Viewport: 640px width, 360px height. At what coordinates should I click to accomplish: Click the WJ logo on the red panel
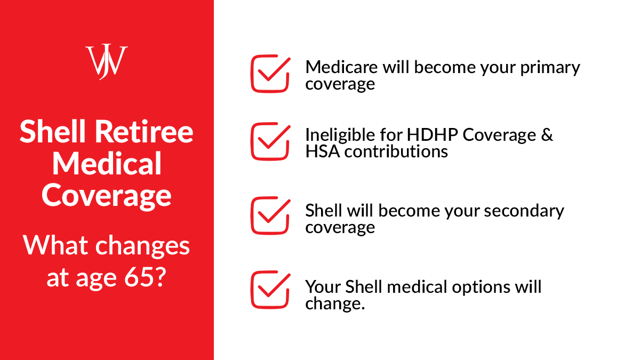[x=107, y=61]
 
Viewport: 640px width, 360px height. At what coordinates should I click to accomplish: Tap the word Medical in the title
[x=107, y=164]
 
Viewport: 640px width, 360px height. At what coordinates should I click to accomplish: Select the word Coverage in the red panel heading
[x=107, y=196]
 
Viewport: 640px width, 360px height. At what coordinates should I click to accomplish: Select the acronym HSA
[x=323, y=151]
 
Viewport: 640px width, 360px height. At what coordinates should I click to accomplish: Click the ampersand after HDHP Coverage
[x=547, y=135]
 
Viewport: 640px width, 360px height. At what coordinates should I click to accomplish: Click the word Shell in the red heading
[x=51, y=131]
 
